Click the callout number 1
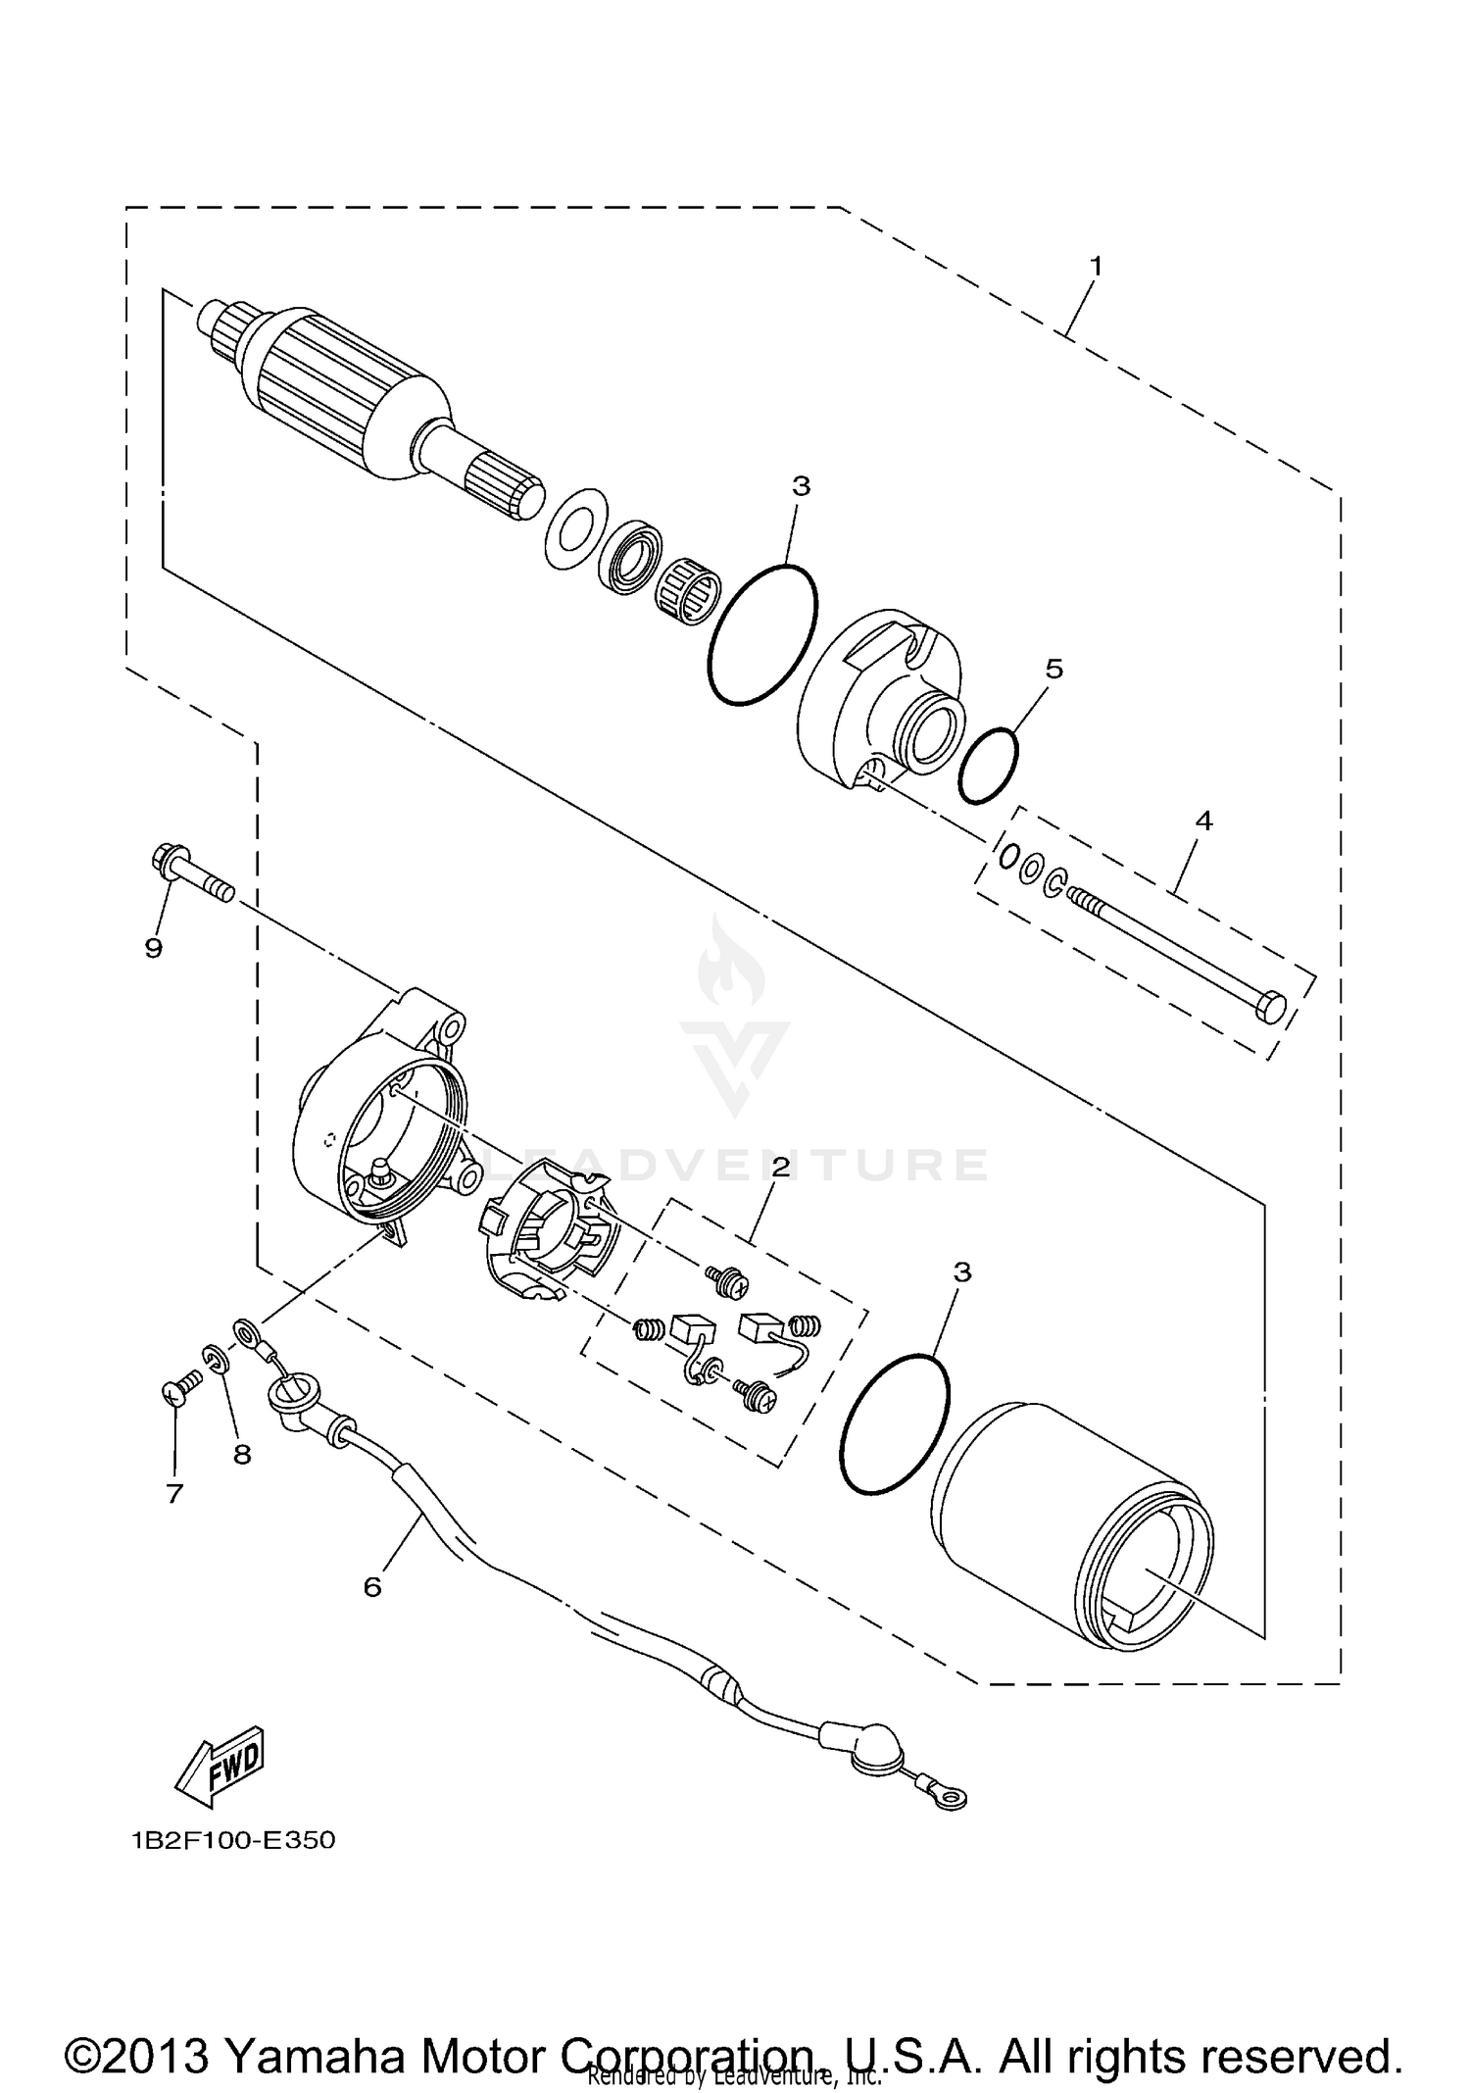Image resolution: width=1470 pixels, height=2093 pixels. [x=1096, y=266]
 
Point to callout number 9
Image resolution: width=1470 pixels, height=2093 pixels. [x=154, y=948]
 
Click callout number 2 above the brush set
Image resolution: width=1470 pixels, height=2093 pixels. [x=780, y=1167]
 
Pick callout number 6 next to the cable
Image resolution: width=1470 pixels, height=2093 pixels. [x=372, y=1586]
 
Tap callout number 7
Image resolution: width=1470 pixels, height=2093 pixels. [x=174, y=1494]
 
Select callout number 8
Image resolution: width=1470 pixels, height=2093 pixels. [x=242, y=1455]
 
